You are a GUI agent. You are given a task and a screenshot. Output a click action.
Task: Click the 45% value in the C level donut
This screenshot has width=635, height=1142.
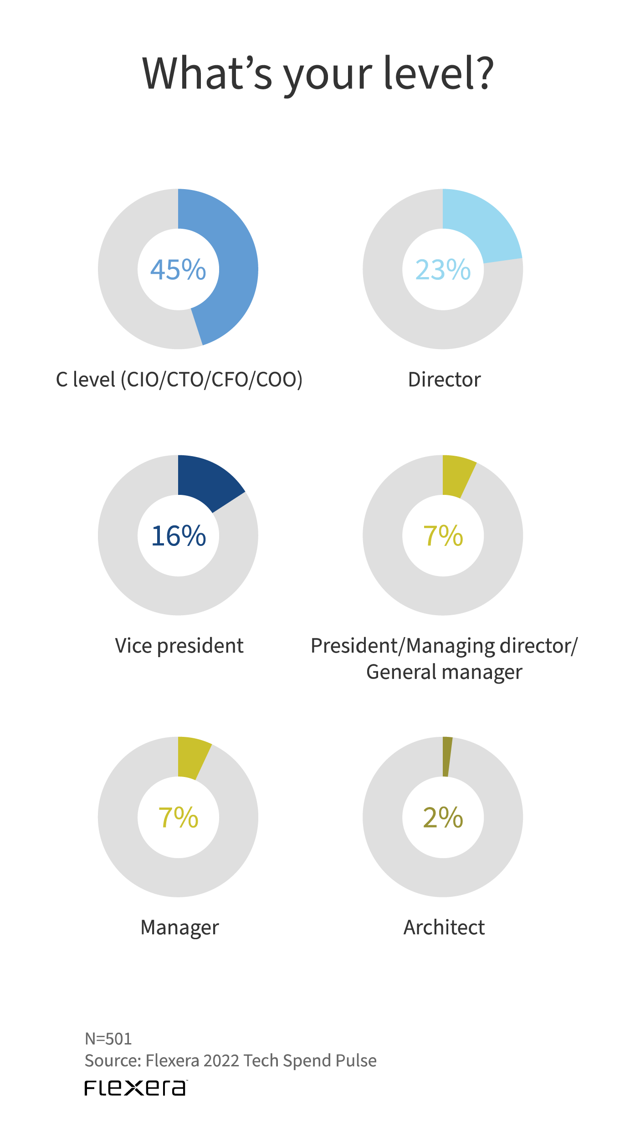178,269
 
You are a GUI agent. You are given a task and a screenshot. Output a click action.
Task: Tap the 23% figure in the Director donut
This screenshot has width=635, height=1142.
443,269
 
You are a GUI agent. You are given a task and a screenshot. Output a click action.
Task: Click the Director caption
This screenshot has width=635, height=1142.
444,380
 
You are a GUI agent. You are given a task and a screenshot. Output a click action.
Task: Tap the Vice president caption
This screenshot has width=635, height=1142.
179,646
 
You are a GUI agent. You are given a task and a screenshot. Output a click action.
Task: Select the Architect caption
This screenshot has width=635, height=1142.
444,927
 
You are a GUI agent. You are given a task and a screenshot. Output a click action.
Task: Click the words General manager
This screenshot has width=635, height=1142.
444,672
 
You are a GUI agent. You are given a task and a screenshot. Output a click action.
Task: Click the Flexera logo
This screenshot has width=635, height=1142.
136,1088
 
